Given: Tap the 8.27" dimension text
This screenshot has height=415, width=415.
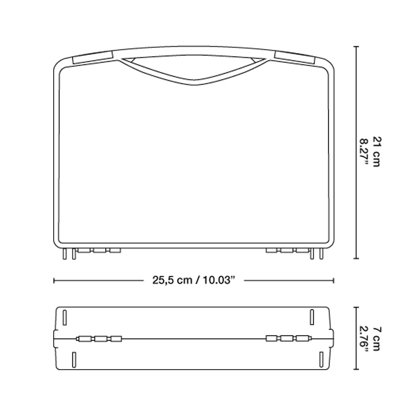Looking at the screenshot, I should click(x=364, y=152).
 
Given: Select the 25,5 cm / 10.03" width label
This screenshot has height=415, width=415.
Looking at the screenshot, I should click(x=192, y=280).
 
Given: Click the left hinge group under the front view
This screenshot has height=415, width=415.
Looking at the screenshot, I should click(x=98, y=250).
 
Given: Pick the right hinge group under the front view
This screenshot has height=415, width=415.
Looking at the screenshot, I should click(x=288, y=250).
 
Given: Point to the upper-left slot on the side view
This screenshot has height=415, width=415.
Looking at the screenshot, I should click(x=65, y=317).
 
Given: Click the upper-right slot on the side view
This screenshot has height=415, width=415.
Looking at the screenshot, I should click(x=312, y=317).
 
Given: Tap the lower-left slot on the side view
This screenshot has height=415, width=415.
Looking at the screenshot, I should click(x=74, y=360).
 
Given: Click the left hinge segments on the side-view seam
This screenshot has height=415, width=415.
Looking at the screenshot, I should click(x=100, y=339).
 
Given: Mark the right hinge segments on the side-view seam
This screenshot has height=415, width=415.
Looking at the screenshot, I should click(x=288, y=339).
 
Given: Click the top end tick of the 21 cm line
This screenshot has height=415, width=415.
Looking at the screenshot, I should click(x=357, y=46).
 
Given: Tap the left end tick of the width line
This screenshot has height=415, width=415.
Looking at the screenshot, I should click(x=54, y=280).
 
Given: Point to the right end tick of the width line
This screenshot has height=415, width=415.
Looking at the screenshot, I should click(x=333, y=280).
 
